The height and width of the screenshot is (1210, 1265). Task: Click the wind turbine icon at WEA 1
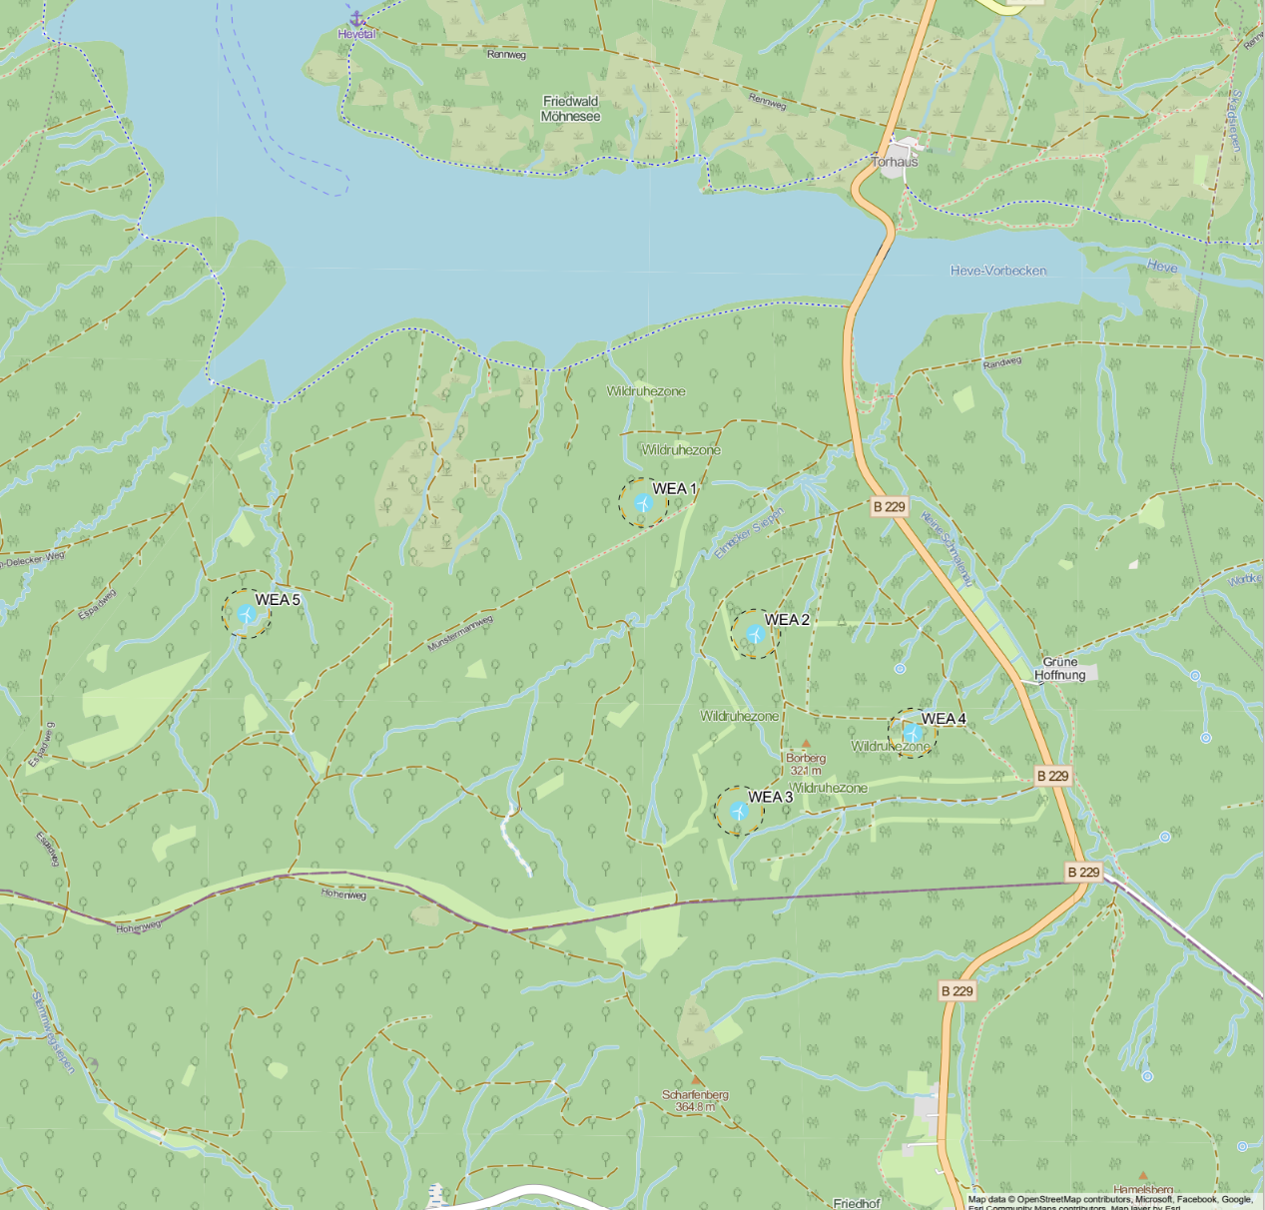(643, 503)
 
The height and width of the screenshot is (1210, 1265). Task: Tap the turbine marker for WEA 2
(755, 634)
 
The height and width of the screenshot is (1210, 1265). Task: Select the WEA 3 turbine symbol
(738, 811)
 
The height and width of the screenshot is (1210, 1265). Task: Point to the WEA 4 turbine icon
(912, 734)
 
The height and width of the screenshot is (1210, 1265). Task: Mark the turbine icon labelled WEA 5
(246, 613)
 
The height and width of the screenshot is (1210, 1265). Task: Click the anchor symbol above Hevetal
(356, 18)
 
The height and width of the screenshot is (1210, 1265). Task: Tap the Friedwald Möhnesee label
(570, 109)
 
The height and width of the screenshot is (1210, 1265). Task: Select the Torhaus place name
(894, 162)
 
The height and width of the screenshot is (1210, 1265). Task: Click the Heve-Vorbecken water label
(997, 271)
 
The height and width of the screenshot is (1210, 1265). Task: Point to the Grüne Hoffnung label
(1059, 669)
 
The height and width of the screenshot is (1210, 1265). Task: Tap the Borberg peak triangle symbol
(806, 744)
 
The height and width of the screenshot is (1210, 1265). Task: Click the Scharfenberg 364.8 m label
(695, 1100)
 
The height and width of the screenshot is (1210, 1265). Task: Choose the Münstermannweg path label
(460, 634)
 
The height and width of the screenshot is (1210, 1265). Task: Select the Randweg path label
(1001, 362)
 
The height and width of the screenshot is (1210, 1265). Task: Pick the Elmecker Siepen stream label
(749, 534)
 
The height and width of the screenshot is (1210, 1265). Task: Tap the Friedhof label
(856, 1203)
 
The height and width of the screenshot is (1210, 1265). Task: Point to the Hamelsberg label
(1143, 1190)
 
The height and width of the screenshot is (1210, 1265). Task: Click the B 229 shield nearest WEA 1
(889, 506)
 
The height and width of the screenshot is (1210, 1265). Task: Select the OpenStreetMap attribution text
(1108, 1200)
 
